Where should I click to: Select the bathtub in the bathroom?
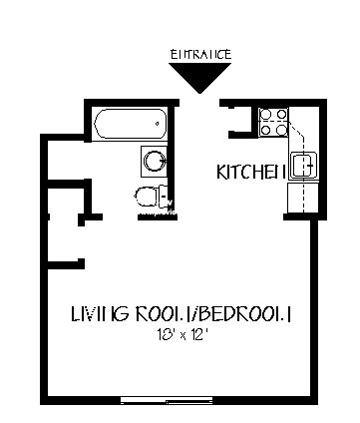pos(127,126)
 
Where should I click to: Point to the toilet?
pos(147,197)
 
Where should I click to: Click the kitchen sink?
pos(303,163)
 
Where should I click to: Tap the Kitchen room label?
pos(250,172)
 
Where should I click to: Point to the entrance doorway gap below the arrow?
pos(199,103)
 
